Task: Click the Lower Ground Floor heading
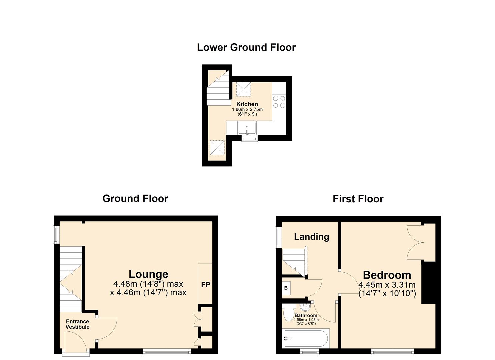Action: (x=246, y=47)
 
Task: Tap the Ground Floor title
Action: (x=135, y=199)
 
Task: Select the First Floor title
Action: (x=358, y=199)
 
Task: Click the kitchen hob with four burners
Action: (x=279, y=102)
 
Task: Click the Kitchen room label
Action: (x=247, y=104)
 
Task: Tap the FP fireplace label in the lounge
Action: (x=205, y=285)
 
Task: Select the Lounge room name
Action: (x=148, y=274)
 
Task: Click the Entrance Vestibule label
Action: (x=77, y=324)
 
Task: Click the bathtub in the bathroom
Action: (x=305, y=338)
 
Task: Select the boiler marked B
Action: (x=286, y=288)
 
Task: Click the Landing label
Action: (x=311, y=237)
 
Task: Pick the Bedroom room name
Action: (x=387, y=275)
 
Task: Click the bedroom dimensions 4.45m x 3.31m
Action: (x=387, y=285)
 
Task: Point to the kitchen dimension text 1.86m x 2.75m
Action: (x=247, y=109)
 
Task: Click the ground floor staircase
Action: (x=71, y=278)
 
